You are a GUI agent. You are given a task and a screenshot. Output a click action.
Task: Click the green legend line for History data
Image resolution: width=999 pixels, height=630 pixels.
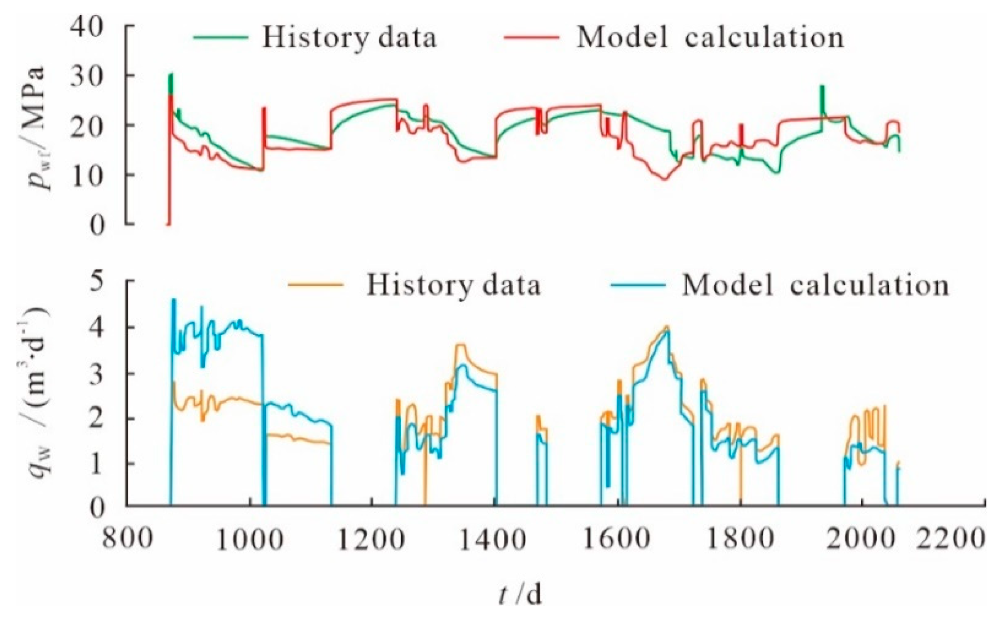(221, 37)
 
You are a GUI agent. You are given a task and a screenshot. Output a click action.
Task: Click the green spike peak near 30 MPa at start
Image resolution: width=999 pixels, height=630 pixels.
(171, 75)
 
